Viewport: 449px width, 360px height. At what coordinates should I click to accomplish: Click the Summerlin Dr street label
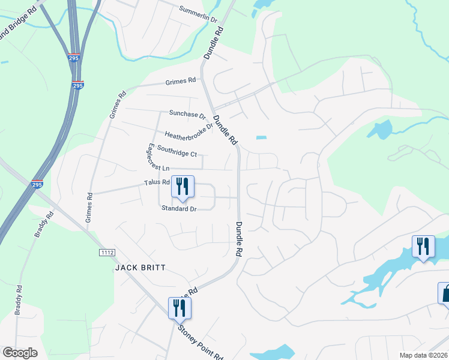pyautogui.click(x=197, y=14)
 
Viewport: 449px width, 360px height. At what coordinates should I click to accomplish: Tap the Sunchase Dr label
pyautogui.click(x=187, y=113)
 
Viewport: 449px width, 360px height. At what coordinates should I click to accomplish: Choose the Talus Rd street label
pyautogui.click(x=157, y=182)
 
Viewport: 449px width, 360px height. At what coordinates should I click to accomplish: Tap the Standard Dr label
pyautogui.click(x=179, y=208)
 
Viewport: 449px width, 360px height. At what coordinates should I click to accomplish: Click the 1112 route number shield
pyautogui.click(x=107, y=253)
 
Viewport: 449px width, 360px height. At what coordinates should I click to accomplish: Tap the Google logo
pyautogui.click(x=20, y=353)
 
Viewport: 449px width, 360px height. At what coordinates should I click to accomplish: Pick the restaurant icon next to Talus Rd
pyautogui.click(x=182, y=187)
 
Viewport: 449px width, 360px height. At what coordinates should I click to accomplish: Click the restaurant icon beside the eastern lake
pyautogui.click(x=423, y=247)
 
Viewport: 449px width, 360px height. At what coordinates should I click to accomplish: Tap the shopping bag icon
pyautogui.click(x=445, y=294)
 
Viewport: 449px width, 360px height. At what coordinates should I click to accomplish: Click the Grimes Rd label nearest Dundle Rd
pyautogui.click(x=182, y=81)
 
